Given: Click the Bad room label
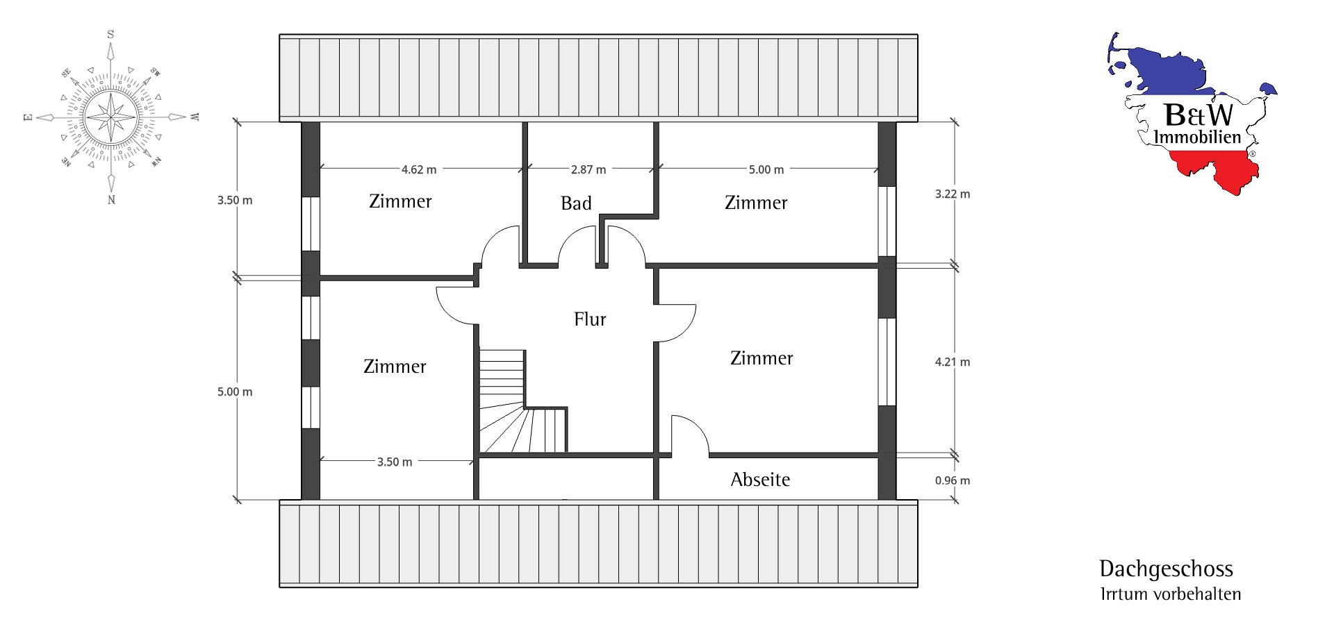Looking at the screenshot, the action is point(576,203).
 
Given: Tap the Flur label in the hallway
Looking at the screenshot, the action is point(590,319).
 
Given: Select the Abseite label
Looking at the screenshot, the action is point(760,480).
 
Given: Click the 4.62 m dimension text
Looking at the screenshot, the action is point(419,169).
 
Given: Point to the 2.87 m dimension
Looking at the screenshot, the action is point(588,169).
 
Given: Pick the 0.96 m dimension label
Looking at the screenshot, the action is point(953,480).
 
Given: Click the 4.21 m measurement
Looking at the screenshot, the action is point(953,362).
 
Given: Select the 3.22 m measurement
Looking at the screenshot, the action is point(953,194).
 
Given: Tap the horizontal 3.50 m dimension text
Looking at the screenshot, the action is point(395,462).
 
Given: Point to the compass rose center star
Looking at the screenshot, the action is point(111,116).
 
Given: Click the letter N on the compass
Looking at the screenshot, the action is point(111,200).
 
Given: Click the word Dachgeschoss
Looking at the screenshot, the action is point(1166,569).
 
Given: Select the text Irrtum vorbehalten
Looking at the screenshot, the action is point(1171,594).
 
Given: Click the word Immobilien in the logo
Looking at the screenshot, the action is point(1197,137).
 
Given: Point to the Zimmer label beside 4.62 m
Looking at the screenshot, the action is point(400,201).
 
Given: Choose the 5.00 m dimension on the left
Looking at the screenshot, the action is point(235,392).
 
